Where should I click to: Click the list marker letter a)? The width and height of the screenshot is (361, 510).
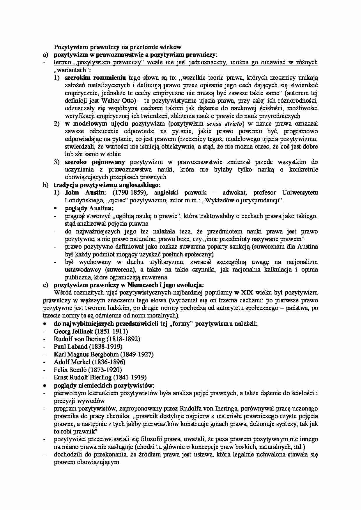coord(45,55)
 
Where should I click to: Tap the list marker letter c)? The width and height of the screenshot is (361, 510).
coord(45,285)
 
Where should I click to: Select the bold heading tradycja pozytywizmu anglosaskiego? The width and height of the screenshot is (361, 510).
coord(107,185)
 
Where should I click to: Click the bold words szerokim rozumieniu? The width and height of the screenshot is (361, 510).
coord(95,78)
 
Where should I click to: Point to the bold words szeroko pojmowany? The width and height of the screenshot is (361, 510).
coord(95,162)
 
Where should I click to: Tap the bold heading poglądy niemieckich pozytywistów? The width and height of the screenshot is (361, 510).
coord(104,385)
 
